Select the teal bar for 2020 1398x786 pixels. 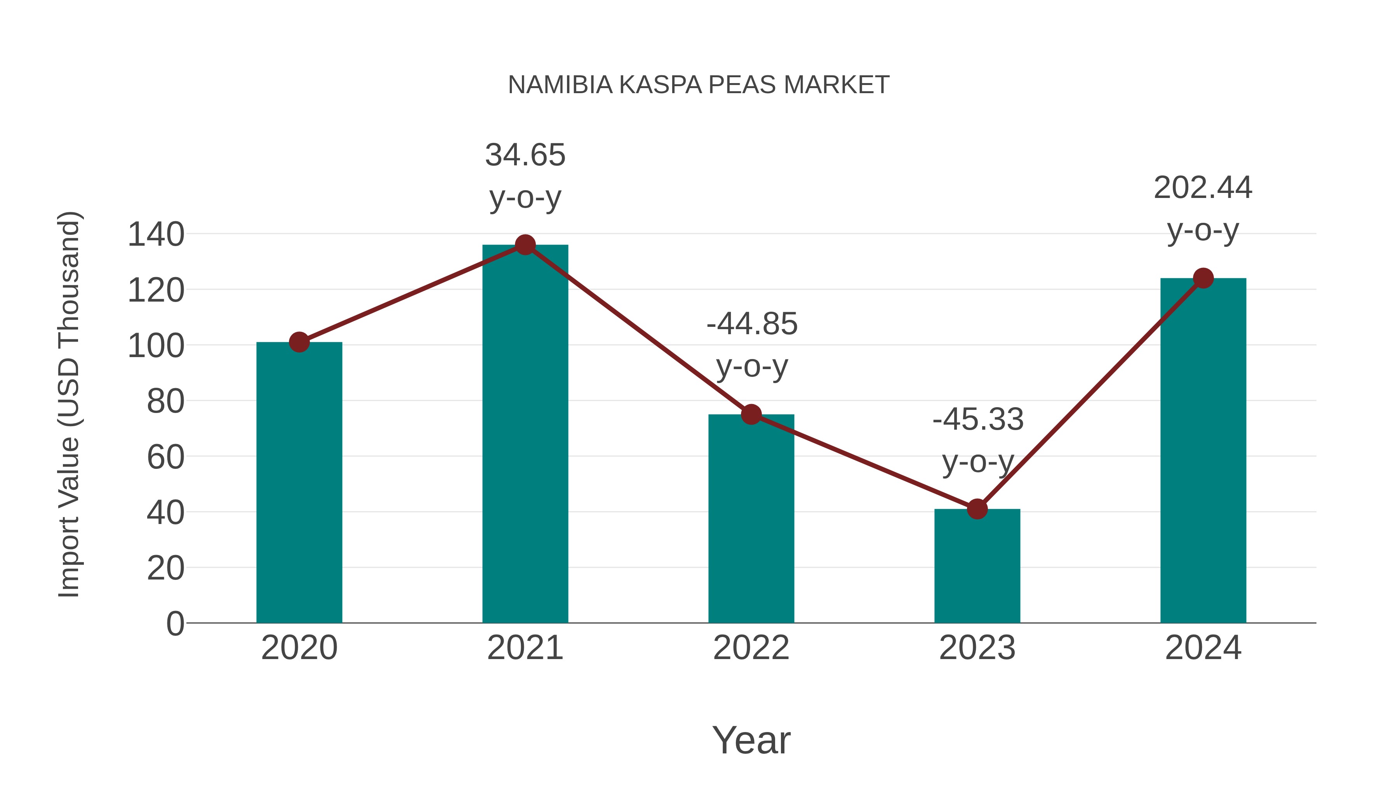tap(299, 483)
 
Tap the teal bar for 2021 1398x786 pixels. tap(525, 434)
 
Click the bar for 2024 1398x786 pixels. tap(1203, 450)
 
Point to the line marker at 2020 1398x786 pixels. tap(299, 342)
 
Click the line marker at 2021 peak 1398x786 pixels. tap(525, 245)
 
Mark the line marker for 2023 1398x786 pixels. tap(977, 509)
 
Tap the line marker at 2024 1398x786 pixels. tap(1203, 278)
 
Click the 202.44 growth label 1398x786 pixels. tap(1203, 208)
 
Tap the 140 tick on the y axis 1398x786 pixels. tap(156, 235)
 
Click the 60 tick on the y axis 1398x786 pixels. tap(165, 457)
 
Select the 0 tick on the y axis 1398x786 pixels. tap(175, 624)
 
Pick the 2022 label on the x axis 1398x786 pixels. tap(751, 648)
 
